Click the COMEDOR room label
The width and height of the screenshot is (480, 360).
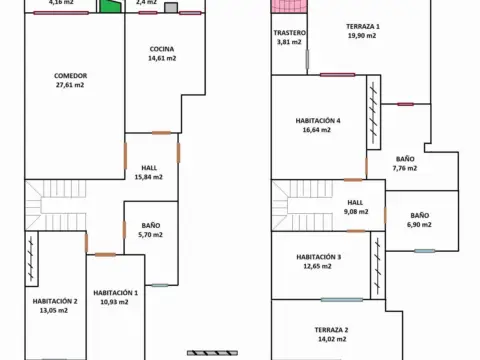[x=70, y=76]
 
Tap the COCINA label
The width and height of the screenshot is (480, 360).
[x=162, y=49]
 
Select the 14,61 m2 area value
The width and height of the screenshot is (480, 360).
[x=162, y=58]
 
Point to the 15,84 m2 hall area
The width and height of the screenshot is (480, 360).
[x=148, y=177]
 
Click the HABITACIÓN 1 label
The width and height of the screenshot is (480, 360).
[x=115, y=293]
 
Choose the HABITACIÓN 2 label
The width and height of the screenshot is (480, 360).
[x=55, y=301]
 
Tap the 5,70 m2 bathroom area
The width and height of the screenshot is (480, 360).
[x=150, y=235]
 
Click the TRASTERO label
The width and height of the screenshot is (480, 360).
[x=289, y=33]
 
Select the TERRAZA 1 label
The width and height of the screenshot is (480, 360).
[x=363, y=26]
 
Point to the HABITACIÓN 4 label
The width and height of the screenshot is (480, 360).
[x=318, y=121]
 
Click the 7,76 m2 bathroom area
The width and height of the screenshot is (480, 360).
[x=405, y=168]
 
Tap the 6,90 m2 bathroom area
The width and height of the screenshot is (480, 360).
[x=419, y=225]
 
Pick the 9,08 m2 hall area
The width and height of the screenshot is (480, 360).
[x=356, y=212]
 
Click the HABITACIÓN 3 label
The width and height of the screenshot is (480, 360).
[x=319, y=257]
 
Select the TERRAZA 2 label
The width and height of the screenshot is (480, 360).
[x=331, y=330]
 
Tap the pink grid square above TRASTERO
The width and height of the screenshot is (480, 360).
[x=289, y=6]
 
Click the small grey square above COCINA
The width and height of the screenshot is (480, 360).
[x=171, y=8]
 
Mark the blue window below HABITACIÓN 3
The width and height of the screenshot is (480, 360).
[x=342, y=300]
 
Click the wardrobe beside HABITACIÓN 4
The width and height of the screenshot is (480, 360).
[x=374, y=112]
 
